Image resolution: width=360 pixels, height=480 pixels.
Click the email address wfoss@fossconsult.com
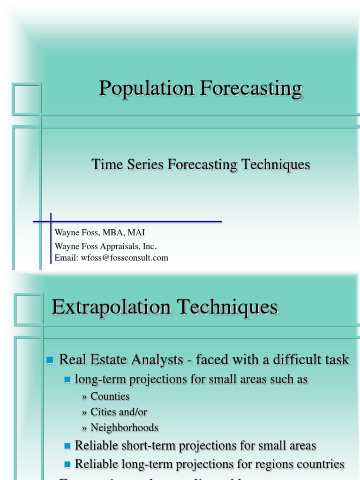click(x=124, y=258)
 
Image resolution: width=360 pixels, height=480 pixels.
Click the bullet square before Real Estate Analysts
click(x=51, y=360)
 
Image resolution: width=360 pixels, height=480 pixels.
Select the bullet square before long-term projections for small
click(x=67, y=379)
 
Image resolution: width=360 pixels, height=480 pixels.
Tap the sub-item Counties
click(x=110, y=397)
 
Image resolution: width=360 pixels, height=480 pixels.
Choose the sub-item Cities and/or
click(x=119, y=412)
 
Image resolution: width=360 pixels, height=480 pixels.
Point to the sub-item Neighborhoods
click(x=124, y=428)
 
